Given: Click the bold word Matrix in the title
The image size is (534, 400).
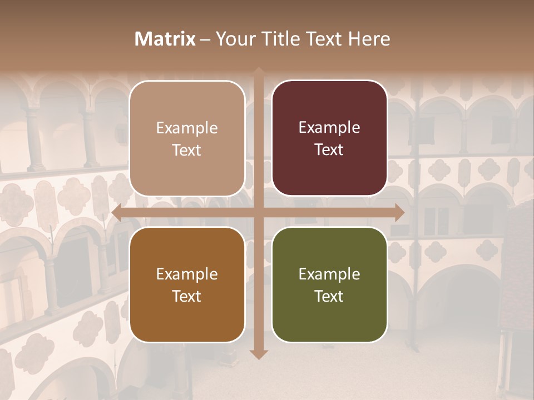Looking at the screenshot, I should tap(165, 39).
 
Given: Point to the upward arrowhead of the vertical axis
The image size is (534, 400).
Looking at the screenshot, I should tap(259, 72).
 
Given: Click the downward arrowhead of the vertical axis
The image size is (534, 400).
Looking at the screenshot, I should tap(259, 353).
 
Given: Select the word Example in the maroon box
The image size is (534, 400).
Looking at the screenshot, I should tap(329, 127).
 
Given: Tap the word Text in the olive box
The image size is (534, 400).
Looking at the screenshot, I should tap(329, 296).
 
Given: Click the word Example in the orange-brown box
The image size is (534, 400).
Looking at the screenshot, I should tap(187, 274).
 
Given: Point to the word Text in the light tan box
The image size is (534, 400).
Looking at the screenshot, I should tap(187, 150).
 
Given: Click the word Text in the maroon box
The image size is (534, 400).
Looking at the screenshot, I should tap(329, 149).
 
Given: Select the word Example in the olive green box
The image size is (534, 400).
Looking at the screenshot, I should tap(329, 274).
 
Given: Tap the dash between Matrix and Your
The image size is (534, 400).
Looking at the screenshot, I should tap(205, 39).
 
